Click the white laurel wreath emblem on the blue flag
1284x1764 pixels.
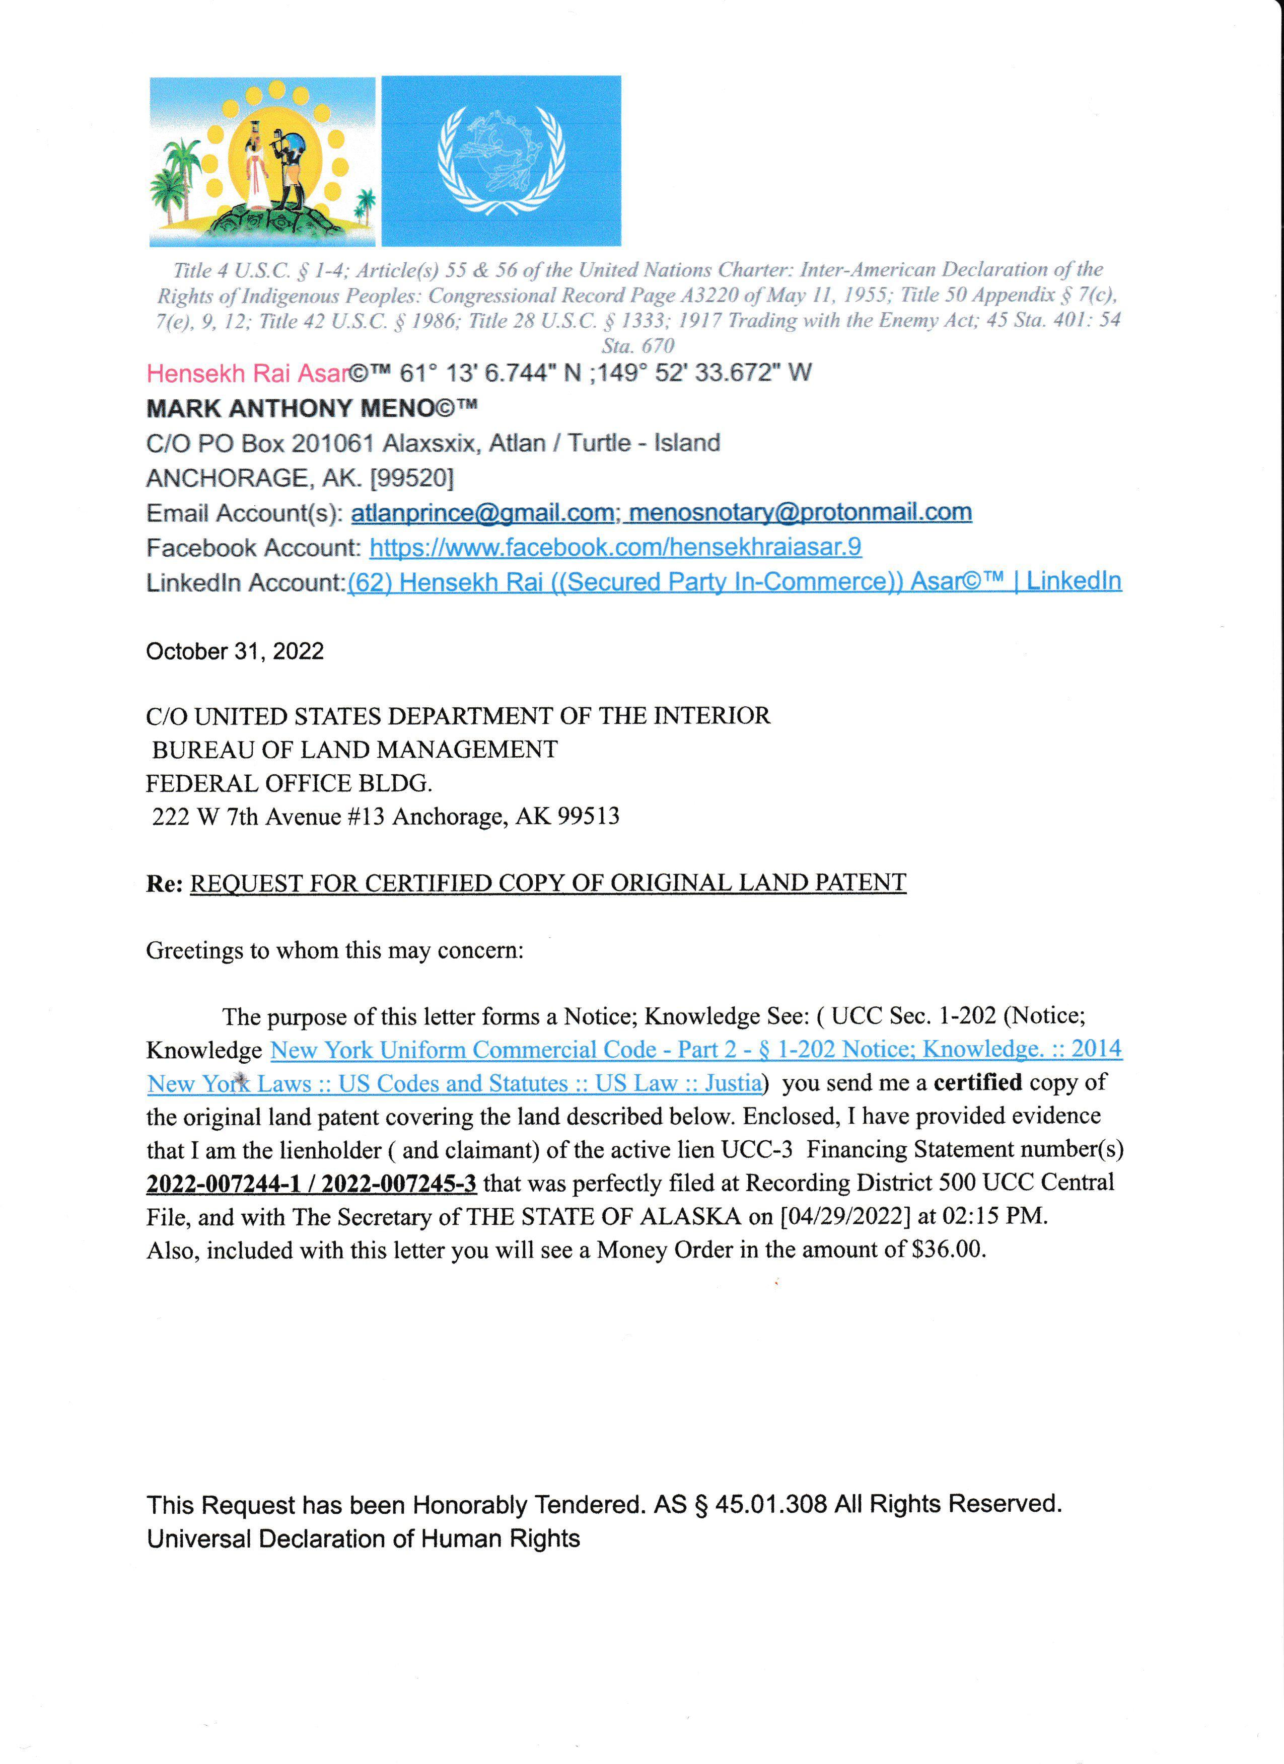(x=501, y=161)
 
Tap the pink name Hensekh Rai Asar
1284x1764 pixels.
(x=247, y=374)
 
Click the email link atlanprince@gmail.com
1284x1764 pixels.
(x=482, y=513)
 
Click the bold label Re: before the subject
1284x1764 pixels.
(x=164, y=884)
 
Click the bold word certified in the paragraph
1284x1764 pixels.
(x=977, y=1083)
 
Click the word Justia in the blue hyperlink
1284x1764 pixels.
(x=733, y=1083)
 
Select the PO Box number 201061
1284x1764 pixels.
(x=332, y=444)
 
